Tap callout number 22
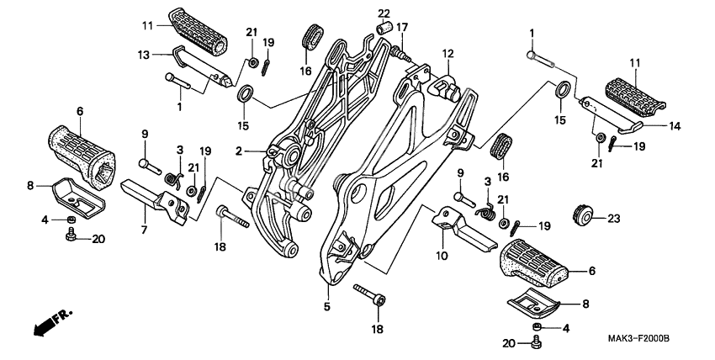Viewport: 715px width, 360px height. (x=384, y=13)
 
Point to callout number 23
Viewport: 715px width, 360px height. (x=612, y=218)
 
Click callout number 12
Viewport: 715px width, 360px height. (x=448, y=53)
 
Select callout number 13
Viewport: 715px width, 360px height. (x=144, y=55)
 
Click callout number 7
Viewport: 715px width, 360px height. (x=144, y=229)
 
